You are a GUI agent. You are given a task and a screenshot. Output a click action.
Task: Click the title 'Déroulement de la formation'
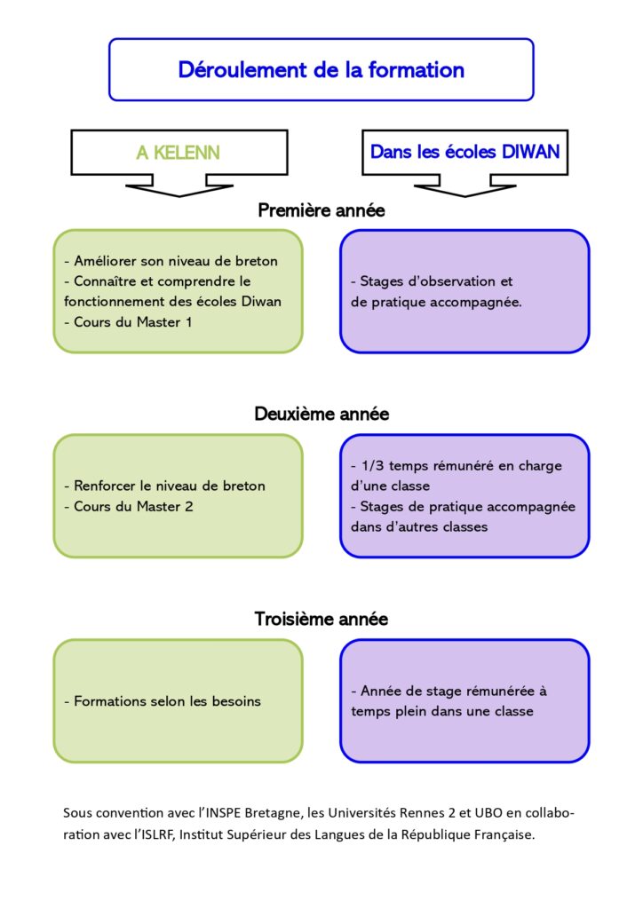(321, 70)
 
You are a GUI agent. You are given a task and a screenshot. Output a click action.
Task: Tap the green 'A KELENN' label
(178, 153)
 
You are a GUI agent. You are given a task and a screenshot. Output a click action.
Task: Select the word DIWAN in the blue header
(530, 152)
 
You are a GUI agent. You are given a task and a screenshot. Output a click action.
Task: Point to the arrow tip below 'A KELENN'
(179, 196)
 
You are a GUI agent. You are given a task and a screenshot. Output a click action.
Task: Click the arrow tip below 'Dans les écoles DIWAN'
(465, 196)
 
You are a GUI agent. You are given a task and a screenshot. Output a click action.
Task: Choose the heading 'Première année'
(321, 209)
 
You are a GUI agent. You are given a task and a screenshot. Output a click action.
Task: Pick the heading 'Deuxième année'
(321, 414)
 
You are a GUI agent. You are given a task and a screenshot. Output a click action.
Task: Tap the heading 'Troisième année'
(321, 619)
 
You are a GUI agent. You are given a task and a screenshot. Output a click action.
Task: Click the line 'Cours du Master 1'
(133, 321)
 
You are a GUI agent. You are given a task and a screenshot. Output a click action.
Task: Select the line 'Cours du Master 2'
(133, 506)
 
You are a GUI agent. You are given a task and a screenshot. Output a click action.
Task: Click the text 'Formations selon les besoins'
(167, 701)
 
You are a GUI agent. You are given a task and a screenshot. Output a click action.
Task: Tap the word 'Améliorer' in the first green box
(106, 261)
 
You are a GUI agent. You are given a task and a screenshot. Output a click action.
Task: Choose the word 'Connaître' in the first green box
(106, 281)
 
